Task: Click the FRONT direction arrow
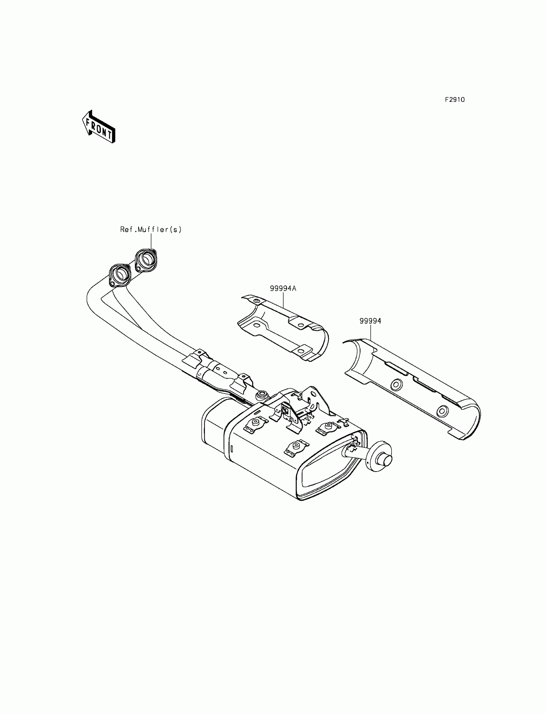[99, 127]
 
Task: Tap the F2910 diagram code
[455, 100]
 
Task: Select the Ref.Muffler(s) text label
[151, 229]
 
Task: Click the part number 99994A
[283, 288]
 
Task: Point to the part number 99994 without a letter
[370, 321]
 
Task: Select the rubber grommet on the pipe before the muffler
[262, 395]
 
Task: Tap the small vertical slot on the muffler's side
[232, 449]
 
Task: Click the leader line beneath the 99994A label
[283, 300]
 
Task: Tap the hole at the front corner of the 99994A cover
[257, 301]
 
